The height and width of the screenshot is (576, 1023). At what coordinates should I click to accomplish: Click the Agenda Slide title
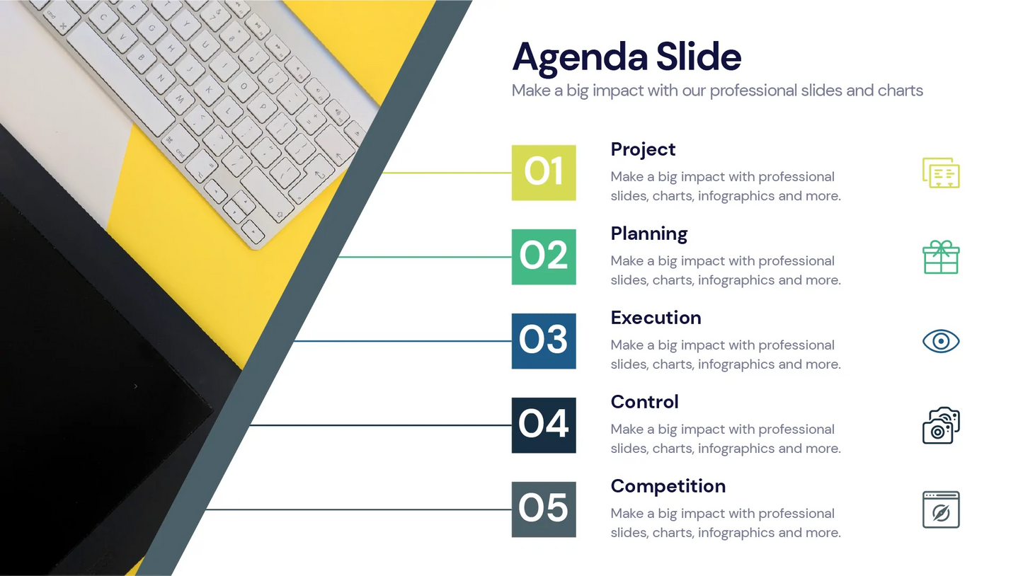tap(626, 57)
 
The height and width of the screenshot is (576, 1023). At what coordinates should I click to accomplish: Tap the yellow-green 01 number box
tap(544, 173)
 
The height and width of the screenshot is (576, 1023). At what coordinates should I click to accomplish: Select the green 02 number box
tap(544, 257)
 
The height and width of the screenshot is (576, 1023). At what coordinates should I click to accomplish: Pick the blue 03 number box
tap(544, 341)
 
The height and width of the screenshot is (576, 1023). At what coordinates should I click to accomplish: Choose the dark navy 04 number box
tap(544, 425)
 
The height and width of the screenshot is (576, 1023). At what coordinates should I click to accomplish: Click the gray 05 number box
tap(544, 509)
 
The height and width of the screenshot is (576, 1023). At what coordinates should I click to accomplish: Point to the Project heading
tap(643, 150)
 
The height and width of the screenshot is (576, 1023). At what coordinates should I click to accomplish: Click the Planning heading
tap(649, 234)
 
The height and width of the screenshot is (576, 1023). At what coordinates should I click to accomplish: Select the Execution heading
tap(656, 318)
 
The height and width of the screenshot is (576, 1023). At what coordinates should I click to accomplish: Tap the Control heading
tap(644, 402)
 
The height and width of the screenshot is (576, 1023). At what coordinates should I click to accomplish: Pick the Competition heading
tap(668, 487)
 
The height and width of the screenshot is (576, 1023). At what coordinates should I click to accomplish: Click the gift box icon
tap(941, 257)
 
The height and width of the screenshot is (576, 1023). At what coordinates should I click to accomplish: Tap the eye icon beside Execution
tap(941, 341)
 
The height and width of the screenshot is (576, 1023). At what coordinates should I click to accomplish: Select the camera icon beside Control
tap(941, 425)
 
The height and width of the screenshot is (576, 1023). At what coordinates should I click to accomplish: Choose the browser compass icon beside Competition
tap(941, 509)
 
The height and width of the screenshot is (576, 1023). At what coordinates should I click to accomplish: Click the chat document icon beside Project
tap(941, 173)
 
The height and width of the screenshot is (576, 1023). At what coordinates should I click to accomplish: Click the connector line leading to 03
tap(402, 341)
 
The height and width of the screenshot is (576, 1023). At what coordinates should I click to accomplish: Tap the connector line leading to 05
tap(358, 509)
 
